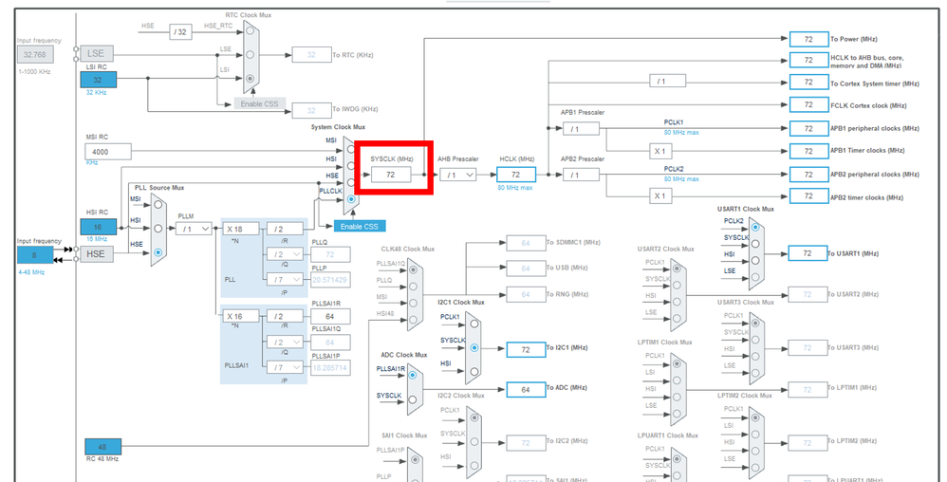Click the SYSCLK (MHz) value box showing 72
390,176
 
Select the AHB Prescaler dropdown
457,176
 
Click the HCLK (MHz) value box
516,176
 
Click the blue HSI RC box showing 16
99,227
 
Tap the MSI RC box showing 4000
107,152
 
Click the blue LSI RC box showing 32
99,81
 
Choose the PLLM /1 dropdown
194,229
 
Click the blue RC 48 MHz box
102,446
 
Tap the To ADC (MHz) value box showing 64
526,389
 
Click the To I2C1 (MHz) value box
526,349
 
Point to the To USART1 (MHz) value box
808,253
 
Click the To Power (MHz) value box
808,39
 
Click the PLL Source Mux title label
159,188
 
